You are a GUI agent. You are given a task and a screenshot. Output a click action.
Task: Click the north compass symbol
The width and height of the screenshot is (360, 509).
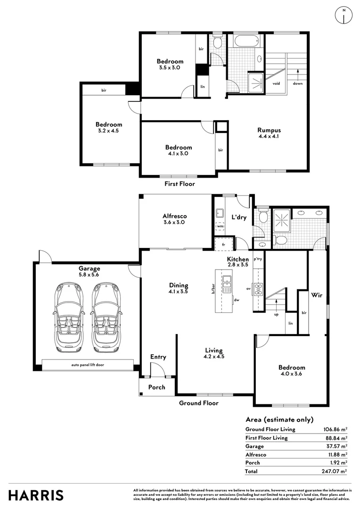tap(344, 15)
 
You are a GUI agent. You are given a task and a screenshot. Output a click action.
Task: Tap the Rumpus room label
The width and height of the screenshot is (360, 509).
tap(269, 130)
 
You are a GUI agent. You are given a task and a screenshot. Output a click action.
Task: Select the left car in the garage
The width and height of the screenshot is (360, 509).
tap(69, 318)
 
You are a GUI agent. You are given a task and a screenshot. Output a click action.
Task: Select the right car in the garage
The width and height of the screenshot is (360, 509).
tap(106, 318)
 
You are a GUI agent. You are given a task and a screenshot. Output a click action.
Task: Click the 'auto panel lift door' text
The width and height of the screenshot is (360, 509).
tap(88, 365)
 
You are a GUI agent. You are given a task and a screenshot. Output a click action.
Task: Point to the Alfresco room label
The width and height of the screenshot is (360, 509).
tap(175, 216)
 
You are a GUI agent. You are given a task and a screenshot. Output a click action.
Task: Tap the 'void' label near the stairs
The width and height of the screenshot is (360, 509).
tap(276, 83)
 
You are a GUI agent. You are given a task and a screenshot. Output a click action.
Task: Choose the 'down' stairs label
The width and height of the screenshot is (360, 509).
tap(298, 83)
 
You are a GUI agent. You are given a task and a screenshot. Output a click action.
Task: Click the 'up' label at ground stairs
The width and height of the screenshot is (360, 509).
tap(276, 314)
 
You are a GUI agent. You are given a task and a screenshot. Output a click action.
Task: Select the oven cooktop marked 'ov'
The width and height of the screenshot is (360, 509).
tap(259, 289)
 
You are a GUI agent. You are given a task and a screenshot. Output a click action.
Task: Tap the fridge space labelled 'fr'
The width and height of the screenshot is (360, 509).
tap(224, 245)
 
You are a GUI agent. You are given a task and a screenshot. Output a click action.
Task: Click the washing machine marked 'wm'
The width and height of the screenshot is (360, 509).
tap(220, 226)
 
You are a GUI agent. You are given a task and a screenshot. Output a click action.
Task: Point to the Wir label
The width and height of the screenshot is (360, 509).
tap(317, 295)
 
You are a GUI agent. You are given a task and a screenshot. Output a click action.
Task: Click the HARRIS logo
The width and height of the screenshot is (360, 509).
tap(36, 495)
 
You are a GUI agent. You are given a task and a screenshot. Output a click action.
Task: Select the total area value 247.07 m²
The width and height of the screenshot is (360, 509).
tap(335, 471)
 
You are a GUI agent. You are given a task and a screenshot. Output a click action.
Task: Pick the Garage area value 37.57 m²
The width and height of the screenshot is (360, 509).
tap(336, 446)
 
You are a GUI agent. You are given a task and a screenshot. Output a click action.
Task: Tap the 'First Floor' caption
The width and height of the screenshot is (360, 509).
tap(180, 184)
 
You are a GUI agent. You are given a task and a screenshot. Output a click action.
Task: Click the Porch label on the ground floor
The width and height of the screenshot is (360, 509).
tap(157, 387)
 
